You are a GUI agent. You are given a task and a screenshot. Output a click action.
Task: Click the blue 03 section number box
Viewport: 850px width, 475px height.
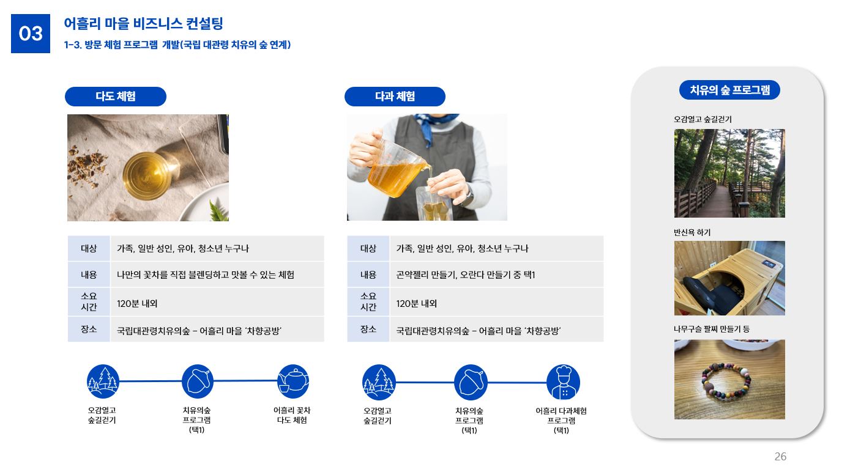pos(31,34)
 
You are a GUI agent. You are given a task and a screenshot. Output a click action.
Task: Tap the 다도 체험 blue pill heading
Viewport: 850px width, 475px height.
pos(116,97)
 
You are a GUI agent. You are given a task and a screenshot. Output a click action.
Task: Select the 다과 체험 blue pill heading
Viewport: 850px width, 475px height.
pos(395,97)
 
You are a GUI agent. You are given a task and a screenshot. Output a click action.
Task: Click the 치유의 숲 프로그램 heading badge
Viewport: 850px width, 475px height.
pos(729,90)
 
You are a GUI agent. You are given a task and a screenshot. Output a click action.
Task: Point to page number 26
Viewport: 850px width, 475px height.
pos(780,457)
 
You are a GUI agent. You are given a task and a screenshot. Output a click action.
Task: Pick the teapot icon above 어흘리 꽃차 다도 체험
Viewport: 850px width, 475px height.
pos(293,381)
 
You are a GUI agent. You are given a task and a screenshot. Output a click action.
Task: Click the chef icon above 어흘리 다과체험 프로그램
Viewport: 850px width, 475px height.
pos(563,382)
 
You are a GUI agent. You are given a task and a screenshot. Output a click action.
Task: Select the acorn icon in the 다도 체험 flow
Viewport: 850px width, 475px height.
pos(197,381)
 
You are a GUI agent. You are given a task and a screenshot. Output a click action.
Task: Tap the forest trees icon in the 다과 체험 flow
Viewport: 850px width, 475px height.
pos(379,382)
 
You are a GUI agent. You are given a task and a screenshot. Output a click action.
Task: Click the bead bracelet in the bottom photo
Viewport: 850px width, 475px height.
pos(726,381)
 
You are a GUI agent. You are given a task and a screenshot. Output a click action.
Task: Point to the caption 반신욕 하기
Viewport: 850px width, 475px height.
pos(692,232)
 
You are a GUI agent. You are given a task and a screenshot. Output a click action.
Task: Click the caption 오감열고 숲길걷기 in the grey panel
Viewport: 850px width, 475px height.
pos(703,119)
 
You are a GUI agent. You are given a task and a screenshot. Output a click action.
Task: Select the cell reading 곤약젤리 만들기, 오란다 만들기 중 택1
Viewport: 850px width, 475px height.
pos(465,274)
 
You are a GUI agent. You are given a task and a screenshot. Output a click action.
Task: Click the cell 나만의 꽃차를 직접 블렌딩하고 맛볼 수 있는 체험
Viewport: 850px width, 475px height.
pos(205,274)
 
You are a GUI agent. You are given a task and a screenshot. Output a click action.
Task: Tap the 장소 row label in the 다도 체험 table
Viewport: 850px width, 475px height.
pos(89,329)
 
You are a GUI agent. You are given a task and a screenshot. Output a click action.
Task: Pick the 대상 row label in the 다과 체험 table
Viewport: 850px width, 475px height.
pos(368,248)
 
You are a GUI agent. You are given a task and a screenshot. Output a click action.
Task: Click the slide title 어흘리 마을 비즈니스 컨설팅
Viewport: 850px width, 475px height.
pos(143,23)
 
